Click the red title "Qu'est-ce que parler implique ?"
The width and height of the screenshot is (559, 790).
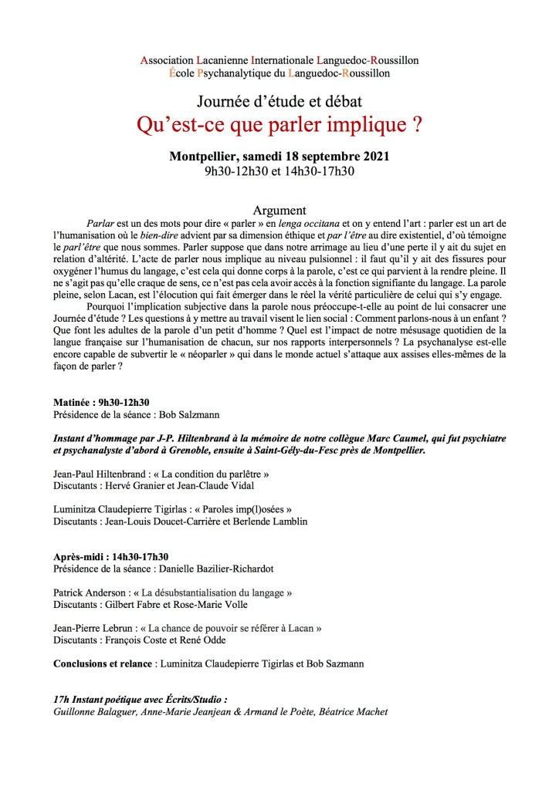click(x=279, y=124)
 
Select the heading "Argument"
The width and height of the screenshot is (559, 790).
click(x=279, y=210)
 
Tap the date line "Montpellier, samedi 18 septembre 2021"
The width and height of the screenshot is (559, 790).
click(x=279, y=156)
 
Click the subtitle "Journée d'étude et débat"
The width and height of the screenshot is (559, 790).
click(x=279, y=101)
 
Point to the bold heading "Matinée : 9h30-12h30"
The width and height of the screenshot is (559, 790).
click(x=101, y=402)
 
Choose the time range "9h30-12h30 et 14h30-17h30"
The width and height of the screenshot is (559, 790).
click(x=279, y=170)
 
